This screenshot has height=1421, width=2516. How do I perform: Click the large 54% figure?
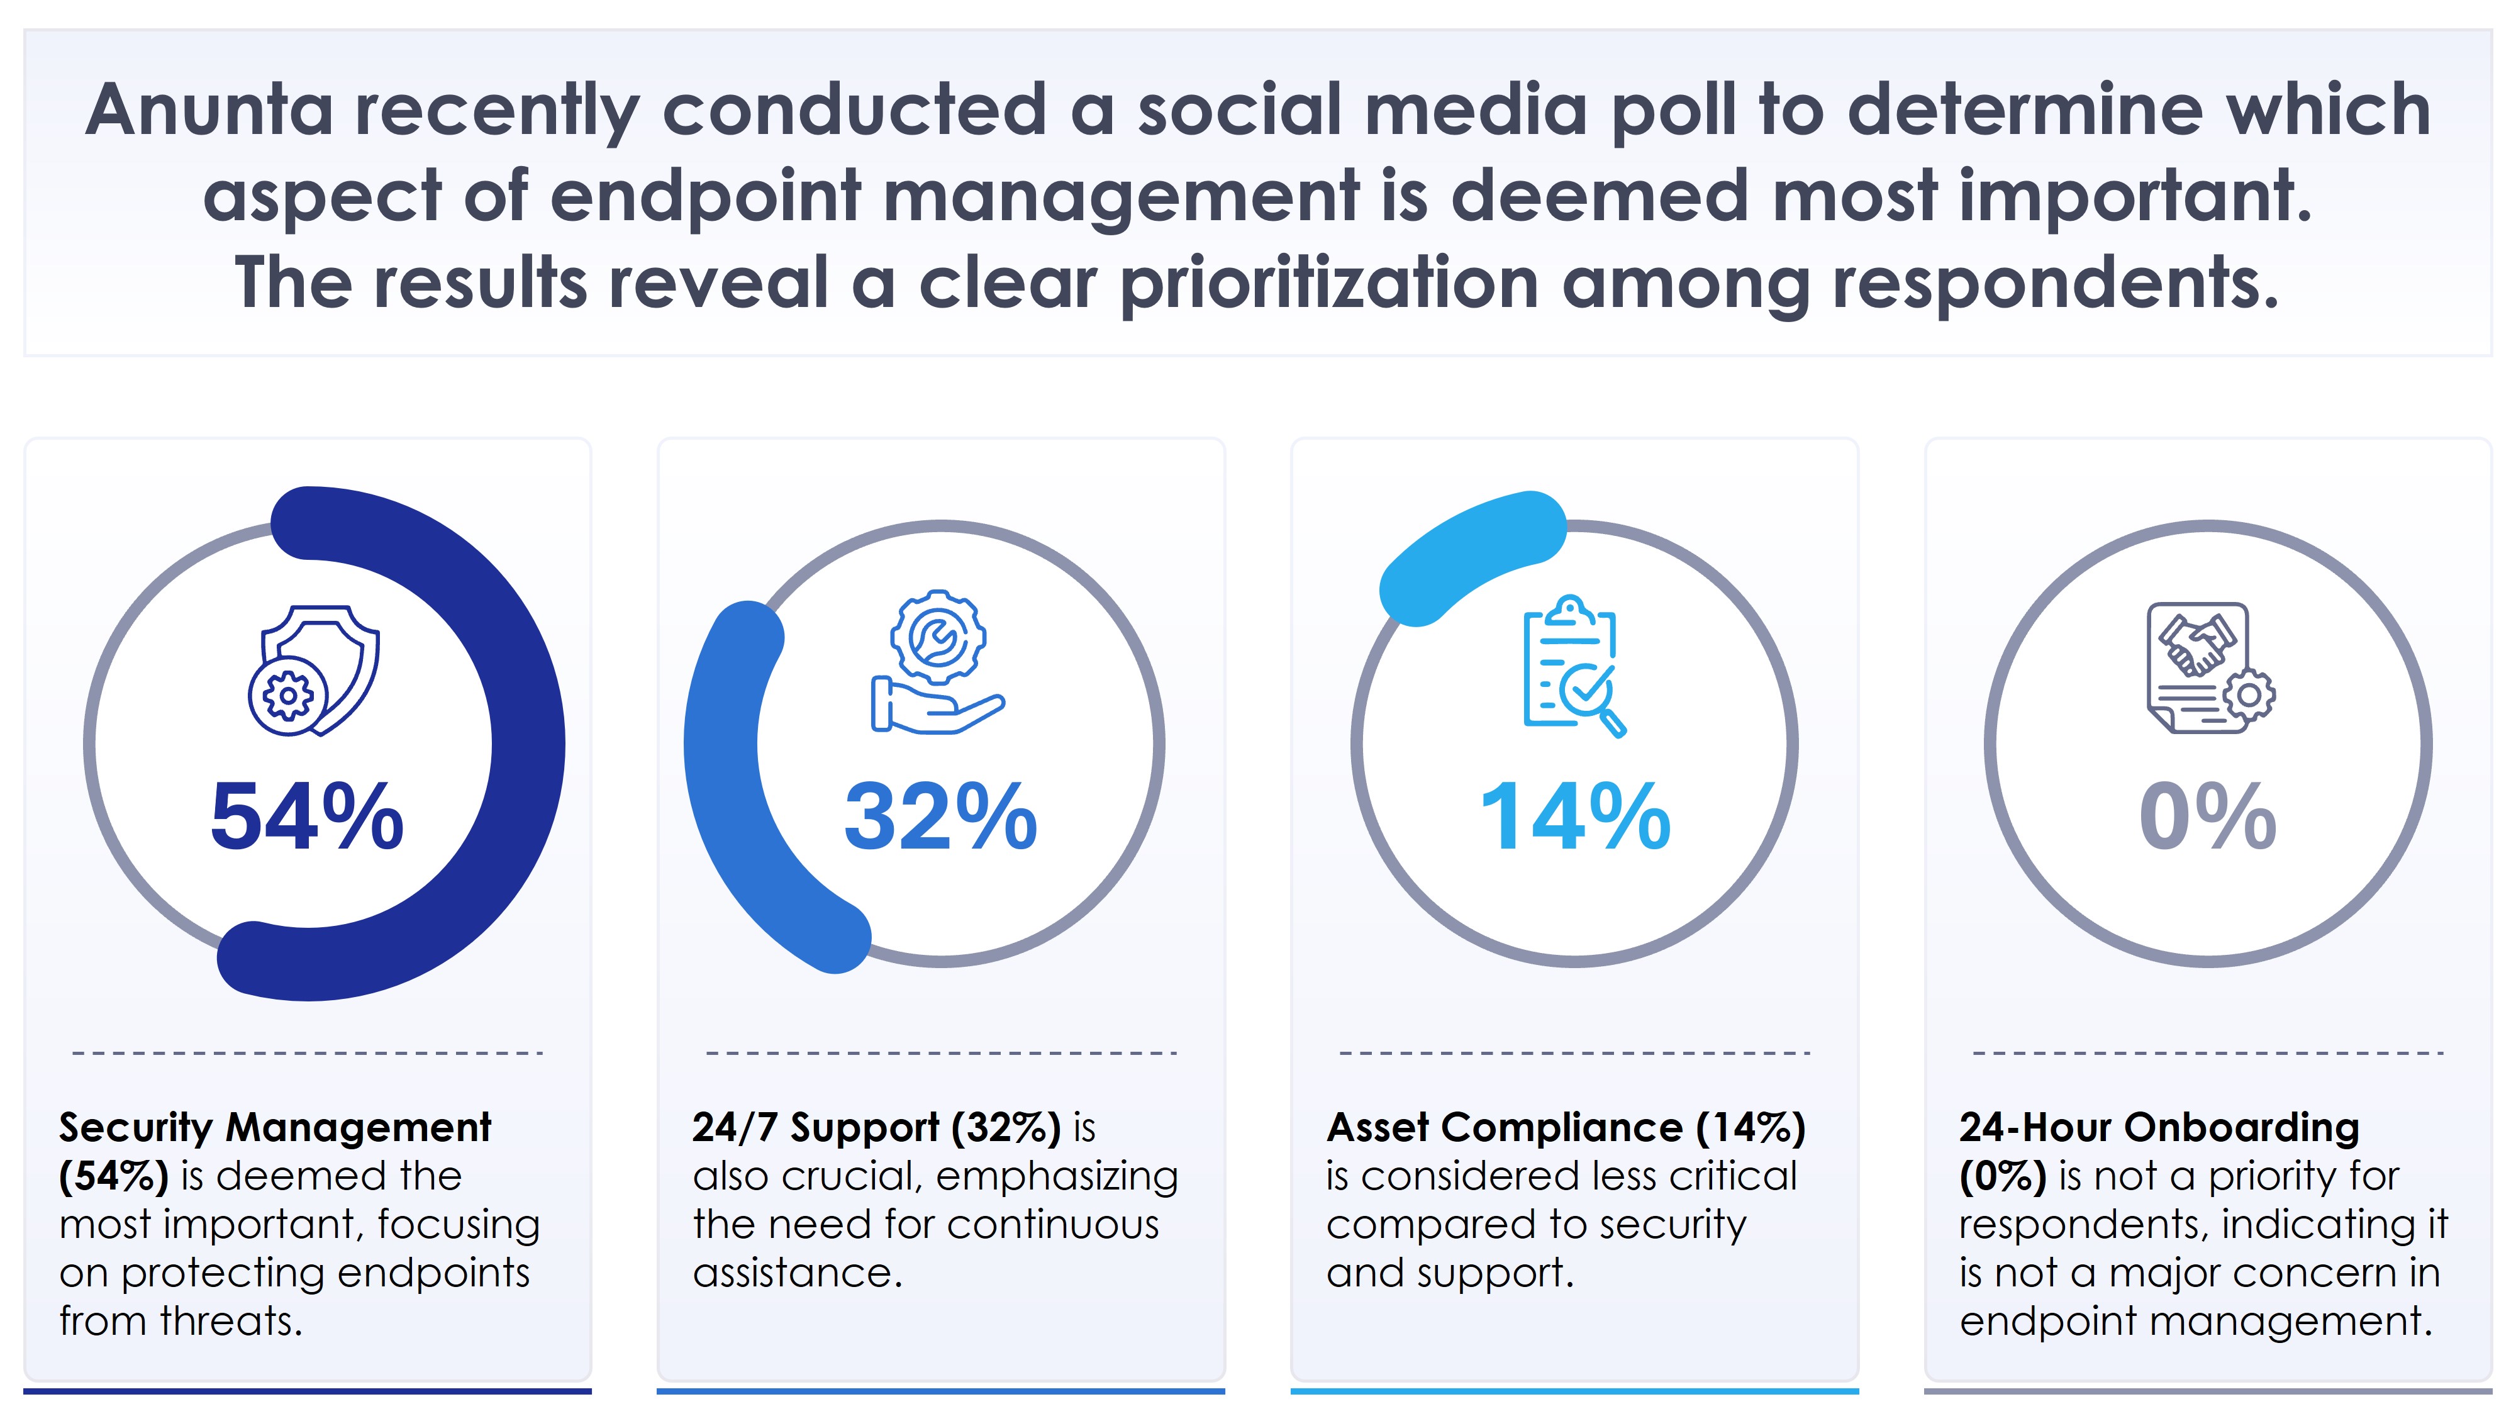(x=307, y=818)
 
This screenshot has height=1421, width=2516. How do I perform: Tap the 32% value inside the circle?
(x=940, y=818)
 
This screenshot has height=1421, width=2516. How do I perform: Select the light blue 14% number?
(x=1574, y=818)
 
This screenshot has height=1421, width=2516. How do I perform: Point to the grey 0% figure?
(x=2207, y=818)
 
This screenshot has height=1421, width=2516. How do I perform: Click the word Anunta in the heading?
(x=209, y=109)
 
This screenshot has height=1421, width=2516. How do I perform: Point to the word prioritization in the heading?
(x=1328, y=283)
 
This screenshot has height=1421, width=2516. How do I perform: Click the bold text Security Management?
(x=274, y=1128)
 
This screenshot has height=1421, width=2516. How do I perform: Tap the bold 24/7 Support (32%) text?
(x=876, y=1128)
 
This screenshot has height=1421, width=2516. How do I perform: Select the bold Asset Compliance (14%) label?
(x=1566, y=1128)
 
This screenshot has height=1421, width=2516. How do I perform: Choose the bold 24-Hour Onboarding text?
(x=2159, y=1128)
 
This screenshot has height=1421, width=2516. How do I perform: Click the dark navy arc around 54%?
(x=528, y=742)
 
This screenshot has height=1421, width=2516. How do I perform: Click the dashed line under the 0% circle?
(x=2207, y=1054)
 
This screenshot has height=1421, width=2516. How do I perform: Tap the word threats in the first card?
(x=231, y=1322)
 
